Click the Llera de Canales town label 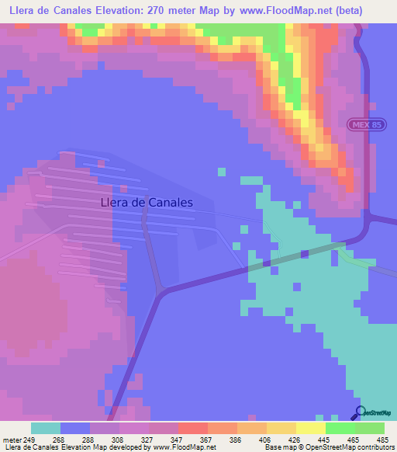(x=147, y=202)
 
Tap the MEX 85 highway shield (x=360, y=125)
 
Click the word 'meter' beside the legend (x=11, y=439)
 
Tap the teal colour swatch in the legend (x=46, y=428)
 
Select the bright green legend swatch (x=340, y=428)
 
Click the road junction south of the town (x=161, y=291)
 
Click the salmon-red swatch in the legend (x=193, y=428)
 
